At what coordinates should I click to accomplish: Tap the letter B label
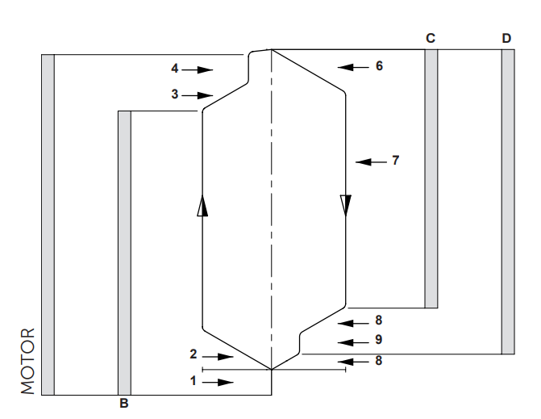coord(123,401)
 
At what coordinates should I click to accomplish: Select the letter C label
coord(430,38)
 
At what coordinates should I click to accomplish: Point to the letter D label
coord(506,38)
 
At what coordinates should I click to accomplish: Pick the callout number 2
coord(194,354)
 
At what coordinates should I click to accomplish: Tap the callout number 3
coord(175,94)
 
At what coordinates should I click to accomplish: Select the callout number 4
coord(175,69)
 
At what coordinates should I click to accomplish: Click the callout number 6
coord(379,66)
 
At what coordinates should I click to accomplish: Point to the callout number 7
coord(395,161)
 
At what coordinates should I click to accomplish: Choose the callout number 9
coord(378,338)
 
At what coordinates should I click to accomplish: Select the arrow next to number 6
coord(352,66)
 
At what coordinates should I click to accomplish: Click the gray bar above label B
coord(124,252)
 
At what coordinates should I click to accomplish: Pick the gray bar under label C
coord(431,178)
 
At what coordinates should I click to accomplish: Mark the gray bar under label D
coord(507,202)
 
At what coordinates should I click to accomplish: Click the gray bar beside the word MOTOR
coord(48,224)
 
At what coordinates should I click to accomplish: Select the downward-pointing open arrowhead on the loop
coord(346,206)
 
